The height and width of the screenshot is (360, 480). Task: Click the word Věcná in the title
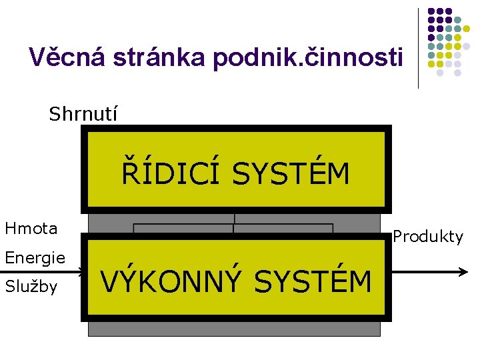click(x=62, y=58)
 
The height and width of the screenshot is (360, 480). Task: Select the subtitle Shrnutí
click(x=83, y=114)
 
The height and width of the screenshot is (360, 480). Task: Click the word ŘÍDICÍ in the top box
click(x=170, y=174)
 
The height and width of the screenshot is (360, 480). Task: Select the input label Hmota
click(x=31, y=229)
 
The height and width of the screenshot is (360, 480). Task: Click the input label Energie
click(x=35, y=257)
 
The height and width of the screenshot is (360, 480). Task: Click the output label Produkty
click(x=427, y=237)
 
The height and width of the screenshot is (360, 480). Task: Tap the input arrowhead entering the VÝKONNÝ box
click(x=82, y=272)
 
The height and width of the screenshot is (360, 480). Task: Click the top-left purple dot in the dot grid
click(x=431, y=12)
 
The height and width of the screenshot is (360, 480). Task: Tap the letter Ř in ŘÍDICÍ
click(x=129, y=173)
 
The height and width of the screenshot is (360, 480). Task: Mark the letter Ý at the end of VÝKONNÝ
click(x=231, y=281)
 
